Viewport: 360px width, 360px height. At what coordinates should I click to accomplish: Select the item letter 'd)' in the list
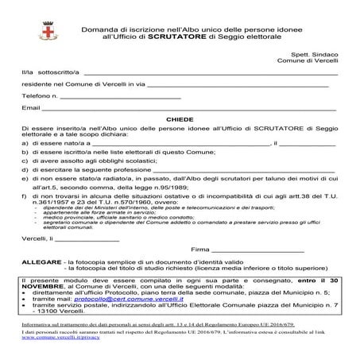[25, 170]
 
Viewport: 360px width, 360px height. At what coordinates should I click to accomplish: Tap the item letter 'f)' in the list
[25, 195]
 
